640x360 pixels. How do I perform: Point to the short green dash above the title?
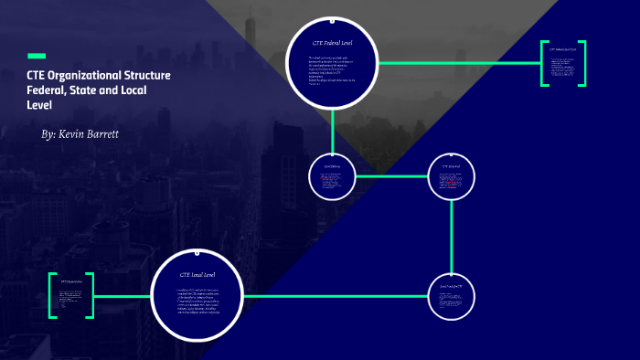(x=37, y=56)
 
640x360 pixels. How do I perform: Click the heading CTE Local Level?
(x=197, y=274)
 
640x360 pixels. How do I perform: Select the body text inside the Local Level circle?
(x=197, y=302)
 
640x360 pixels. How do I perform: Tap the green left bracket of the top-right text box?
(x=544, y=63)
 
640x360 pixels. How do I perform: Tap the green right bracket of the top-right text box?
(x=582, y=63)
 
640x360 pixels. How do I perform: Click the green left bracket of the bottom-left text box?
(x=52, y=295)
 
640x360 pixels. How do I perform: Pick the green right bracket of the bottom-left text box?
(x=91, y=295)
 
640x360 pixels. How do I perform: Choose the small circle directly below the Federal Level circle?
(x=332, y=175)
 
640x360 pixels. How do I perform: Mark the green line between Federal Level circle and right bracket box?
(x=457, y=63)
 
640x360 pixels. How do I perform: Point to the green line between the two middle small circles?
(x=391, y=175)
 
